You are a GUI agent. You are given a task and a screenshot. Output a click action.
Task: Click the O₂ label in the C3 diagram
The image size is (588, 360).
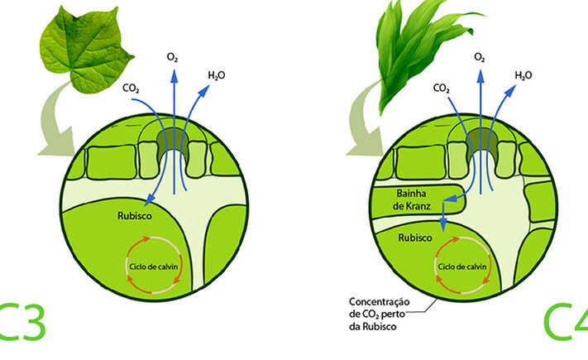point(172,57)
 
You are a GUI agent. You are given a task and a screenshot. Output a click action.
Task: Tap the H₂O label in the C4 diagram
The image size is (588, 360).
point(523,75)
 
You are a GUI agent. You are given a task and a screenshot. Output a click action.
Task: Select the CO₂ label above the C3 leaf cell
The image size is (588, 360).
point(131,89)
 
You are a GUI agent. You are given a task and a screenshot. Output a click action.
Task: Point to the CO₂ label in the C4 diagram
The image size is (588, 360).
point(442,89)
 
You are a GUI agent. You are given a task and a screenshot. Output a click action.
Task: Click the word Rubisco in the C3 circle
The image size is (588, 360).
point(135,216)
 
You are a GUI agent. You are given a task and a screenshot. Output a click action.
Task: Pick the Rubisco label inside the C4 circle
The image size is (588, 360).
point(415,238)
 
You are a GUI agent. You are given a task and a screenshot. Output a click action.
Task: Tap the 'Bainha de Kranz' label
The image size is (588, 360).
point(411,199)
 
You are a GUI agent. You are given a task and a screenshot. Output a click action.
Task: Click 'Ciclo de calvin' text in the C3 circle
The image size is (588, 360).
point(153,266)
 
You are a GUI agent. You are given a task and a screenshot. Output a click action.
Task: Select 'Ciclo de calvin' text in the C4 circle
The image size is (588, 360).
point(462,266)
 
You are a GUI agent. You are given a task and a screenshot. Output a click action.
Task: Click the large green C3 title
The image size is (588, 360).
point(22,322)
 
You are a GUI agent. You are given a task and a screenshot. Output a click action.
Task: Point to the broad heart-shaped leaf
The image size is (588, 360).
point(86,50)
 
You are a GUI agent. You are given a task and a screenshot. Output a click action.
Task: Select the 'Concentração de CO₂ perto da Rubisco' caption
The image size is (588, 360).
point(379,314)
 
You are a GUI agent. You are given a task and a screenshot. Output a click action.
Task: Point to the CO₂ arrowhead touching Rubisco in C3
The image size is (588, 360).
point(150,199)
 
